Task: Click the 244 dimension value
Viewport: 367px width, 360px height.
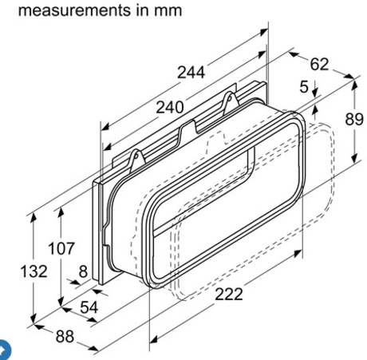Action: click(191, 73)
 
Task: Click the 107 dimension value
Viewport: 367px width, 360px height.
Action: click(61, 247)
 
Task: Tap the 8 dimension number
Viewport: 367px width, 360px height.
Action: click(82, 271)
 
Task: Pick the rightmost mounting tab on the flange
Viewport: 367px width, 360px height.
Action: click(231, 101)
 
